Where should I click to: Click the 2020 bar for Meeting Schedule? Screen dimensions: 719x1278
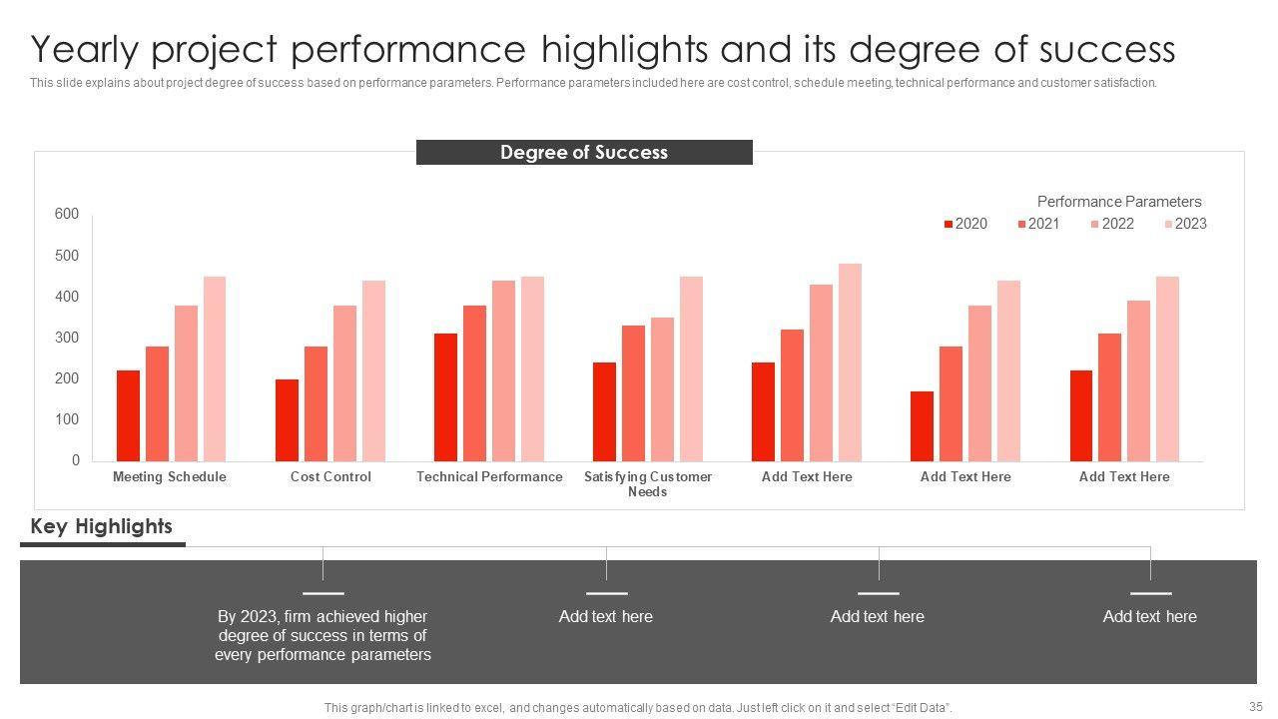pyautogui.click(x=128, y=415)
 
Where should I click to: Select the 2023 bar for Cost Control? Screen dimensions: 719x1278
pyautogui.click(x=373, y=370)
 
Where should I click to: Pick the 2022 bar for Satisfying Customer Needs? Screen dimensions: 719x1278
pyautogui.click(x=662, y=389)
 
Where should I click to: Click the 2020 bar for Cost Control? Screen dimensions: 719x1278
pyautogui.click(x=287, y=420)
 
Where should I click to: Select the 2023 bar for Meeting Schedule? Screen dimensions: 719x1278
pyautogui.click(x=215, y=368)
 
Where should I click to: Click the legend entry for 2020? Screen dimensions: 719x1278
pyautogui.click(x=965, y=224)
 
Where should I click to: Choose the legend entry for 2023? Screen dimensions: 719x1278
pyautogui.click(x=1185, y=224)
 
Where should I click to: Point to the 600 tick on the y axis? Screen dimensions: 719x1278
pyautogui.click(x=67, y=214)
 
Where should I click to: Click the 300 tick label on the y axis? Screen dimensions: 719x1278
pyautogui.click(x=67, y=338)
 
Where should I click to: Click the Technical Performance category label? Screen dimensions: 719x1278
pyautogui.click(x=489, y=476)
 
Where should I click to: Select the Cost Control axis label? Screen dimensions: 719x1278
pyautogui.click(x=330, y=476)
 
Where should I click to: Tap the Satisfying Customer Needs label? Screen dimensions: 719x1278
pyautogui.click(x=648, y=483)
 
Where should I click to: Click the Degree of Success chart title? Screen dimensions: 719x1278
pyautogui.click(x=584, y=152)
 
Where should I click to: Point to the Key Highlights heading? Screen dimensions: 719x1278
pyautogui.click(x=101, y=526)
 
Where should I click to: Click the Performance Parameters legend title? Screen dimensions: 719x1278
pyautogui.click(x=1119, y=201)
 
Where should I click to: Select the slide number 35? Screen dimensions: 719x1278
pyautogui.click(x=1255, y=704)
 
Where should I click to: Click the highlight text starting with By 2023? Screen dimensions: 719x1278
pyautogui.click(x=322, y=636)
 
